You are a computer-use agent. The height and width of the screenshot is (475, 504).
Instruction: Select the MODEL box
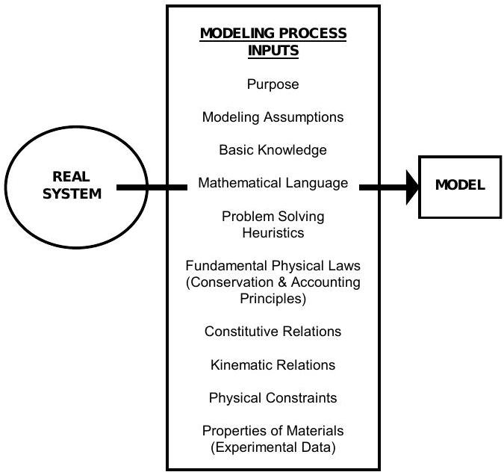[x=459, y=187]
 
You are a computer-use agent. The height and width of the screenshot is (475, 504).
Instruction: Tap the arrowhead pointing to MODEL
[x=411, y=187]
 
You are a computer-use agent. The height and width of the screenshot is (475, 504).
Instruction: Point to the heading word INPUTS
[x=273, y=52]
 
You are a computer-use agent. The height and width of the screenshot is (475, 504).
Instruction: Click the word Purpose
[x=273, y=84]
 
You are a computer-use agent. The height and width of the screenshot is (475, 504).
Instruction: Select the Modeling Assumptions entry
[x=273, y=117]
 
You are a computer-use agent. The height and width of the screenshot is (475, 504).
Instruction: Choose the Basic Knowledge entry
[x=273, y=150]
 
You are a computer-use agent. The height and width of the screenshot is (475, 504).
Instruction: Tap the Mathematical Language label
[x=273, y=183]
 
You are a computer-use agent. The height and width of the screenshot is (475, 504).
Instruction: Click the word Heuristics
[x=273, y=232]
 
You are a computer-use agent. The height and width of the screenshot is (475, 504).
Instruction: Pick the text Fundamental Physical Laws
[x=273, y=266]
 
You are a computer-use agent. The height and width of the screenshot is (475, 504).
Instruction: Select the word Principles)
[x=273, y=298]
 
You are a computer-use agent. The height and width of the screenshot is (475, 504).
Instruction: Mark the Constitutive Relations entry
[x=273, y=332]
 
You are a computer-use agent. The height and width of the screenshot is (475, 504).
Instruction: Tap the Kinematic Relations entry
[x=273, y=365]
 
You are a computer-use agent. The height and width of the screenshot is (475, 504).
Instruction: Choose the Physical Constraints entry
[x=273, y=398]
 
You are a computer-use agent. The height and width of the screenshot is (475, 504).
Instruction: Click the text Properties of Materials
[x=273, y=431]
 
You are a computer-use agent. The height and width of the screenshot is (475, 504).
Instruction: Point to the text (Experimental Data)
[x=273, y=447]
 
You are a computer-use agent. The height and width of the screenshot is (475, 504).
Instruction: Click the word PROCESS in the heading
[x=311, y=34]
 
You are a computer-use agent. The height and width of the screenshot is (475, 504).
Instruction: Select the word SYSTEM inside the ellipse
[x=72, y=193]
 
